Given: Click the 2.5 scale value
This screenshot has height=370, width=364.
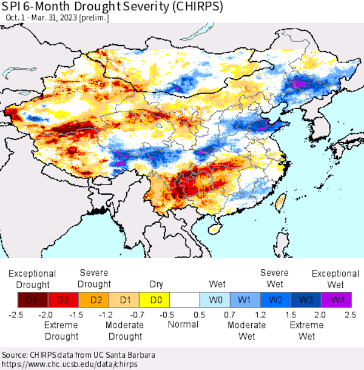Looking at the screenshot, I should pos(350,315).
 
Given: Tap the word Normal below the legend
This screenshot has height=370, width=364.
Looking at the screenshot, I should pos(183,325).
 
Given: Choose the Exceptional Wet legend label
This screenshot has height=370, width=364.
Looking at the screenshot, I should pos(335,279).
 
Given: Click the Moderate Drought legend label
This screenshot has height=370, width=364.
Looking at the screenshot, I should pos(125,331).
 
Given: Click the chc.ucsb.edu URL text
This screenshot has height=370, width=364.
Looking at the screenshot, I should pos(70,364).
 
